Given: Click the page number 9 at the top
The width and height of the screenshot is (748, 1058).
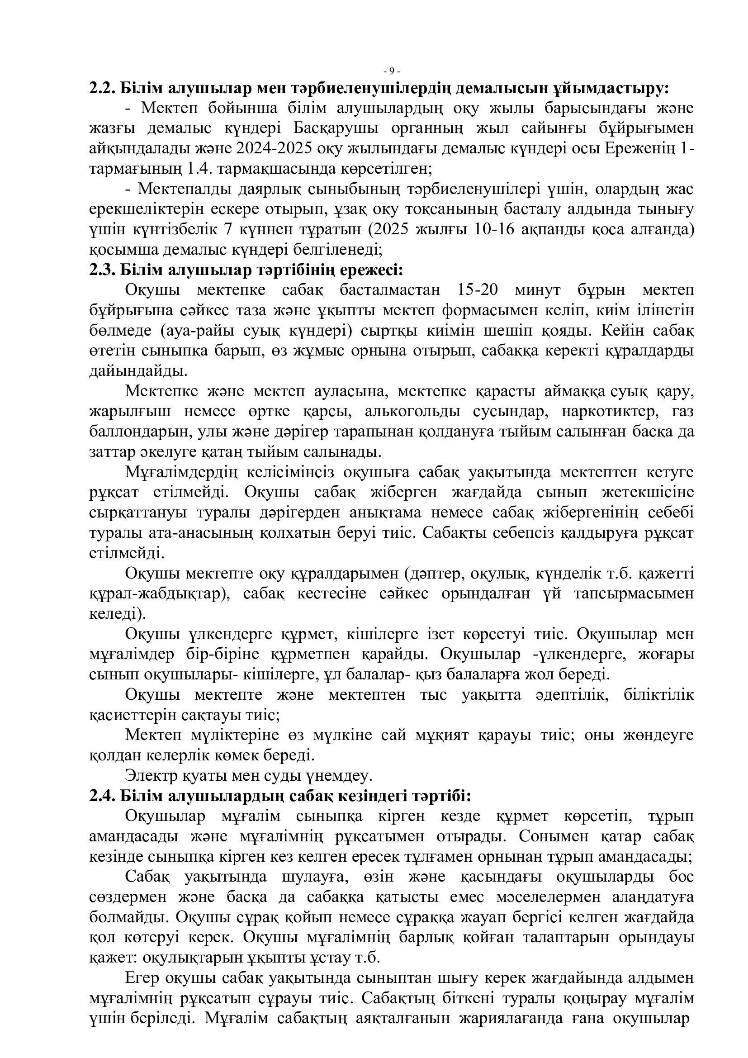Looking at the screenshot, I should [x=392, y=71].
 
